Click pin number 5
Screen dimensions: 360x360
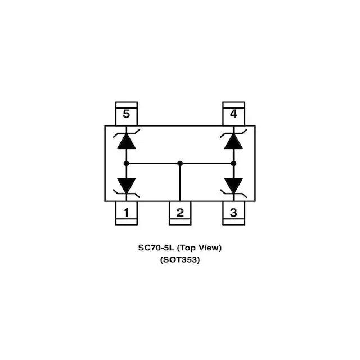[126, 114]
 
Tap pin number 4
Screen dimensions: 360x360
[233, 114]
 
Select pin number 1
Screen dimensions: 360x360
[126, 213]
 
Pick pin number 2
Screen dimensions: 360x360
[180, 213]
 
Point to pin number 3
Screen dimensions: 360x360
[233, 213]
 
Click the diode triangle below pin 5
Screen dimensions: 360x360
[126, 141]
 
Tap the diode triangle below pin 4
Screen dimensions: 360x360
[233, 141]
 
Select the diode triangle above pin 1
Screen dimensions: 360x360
[126, 184]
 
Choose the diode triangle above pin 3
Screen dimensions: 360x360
[233, 184]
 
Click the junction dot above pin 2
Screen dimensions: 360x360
[180, 164]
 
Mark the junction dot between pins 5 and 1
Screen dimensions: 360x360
[126, 164]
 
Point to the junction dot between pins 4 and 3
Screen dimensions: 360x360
[233, 164]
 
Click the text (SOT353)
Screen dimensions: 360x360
[180, 260]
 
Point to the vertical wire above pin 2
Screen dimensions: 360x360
[180, 183]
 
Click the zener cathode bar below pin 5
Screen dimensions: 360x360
[126, 133]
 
